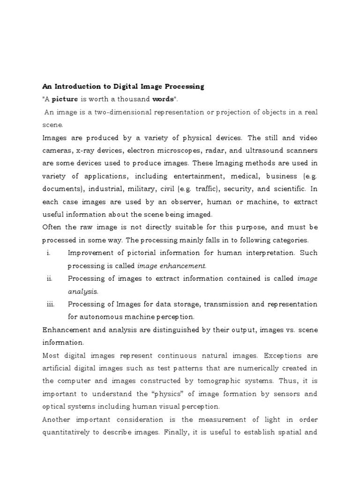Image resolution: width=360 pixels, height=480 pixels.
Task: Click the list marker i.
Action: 49,253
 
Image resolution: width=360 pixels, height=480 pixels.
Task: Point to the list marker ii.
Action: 49,278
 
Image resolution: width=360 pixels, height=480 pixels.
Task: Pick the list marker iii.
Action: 51,304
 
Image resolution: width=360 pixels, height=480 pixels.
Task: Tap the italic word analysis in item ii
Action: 80,291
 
